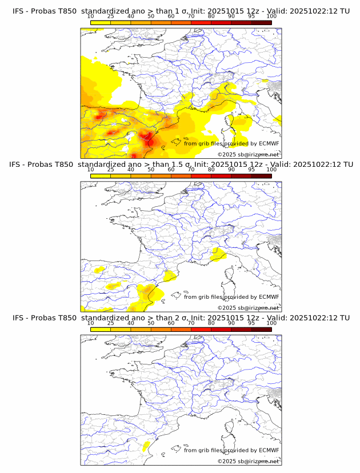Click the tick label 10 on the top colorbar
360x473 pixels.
[91, 17]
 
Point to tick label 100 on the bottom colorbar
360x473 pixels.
[271, 323]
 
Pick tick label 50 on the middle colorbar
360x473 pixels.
[151, 170]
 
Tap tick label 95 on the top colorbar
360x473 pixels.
[251, 17]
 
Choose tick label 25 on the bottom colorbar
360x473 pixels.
[111, 323]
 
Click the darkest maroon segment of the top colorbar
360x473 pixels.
[261, 22]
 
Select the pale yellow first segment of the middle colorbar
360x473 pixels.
[101, 176]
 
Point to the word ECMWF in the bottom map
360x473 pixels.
[269, 450]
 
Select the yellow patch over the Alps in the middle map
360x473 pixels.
[217, 254]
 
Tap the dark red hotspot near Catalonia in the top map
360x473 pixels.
[150, 137]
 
